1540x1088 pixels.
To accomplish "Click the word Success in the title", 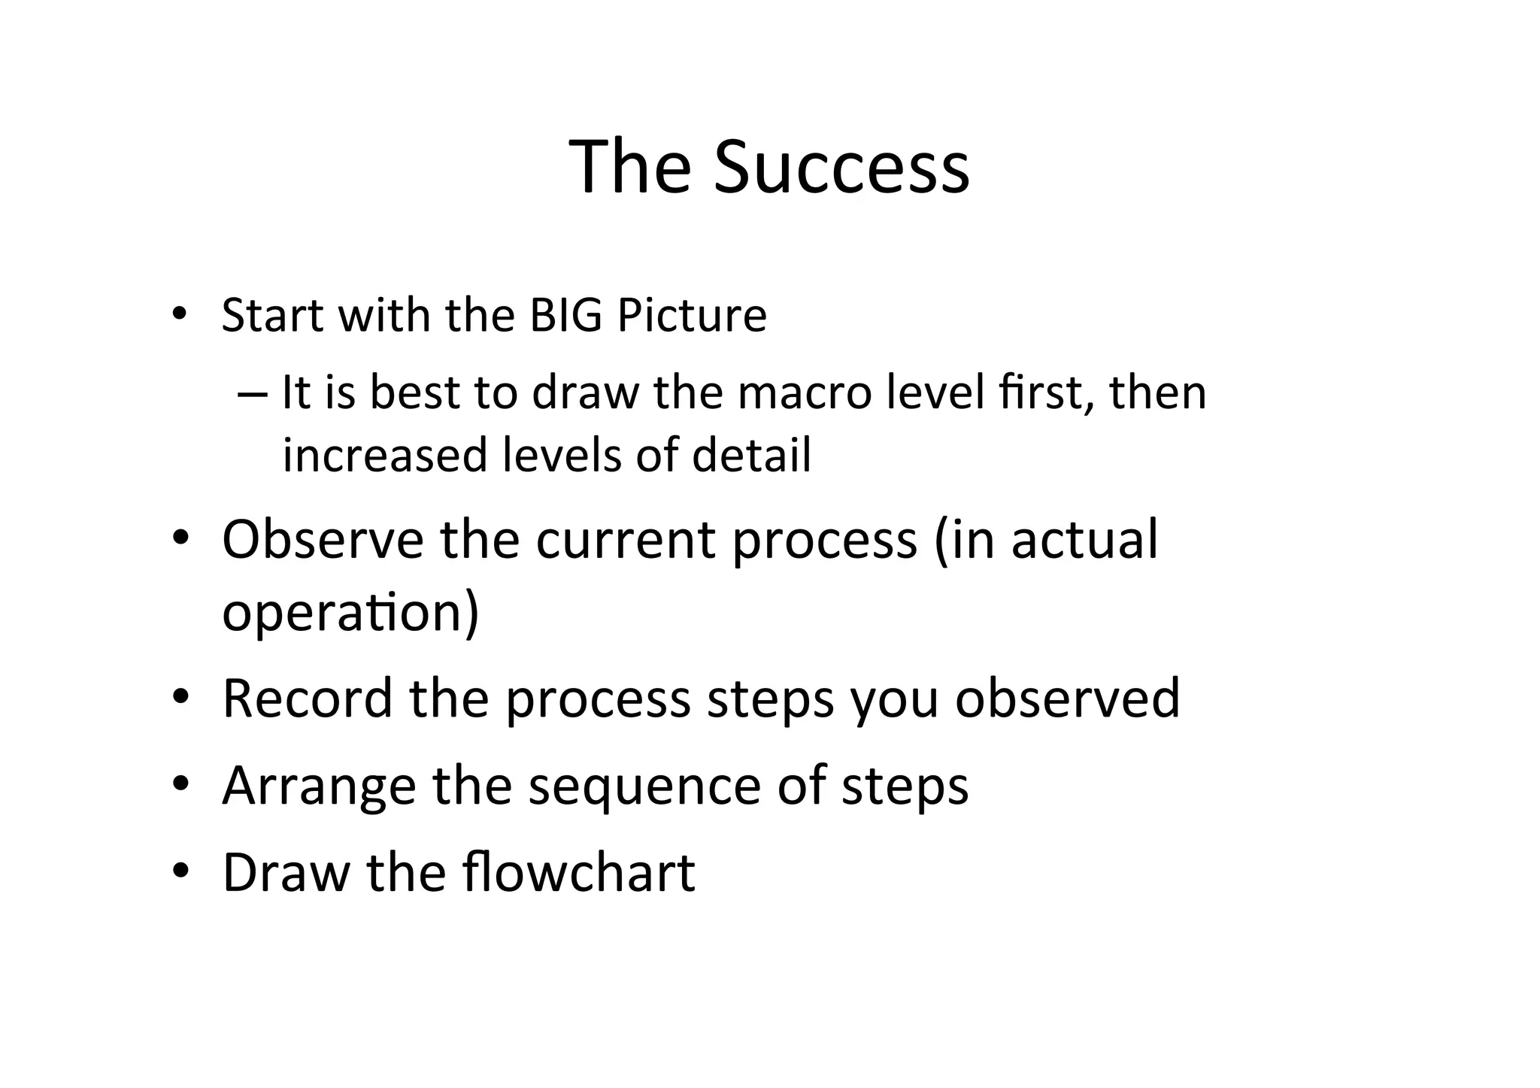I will click(x=841, y=167).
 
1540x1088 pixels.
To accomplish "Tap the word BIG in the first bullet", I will click(x=565, y=315).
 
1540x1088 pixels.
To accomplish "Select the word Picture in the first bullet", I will click(x=692, y=315).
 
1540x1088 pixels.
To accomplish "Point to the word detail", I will click(x=751, y=456).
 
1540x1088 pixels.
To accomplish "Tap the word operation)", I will click(x=350, y=611).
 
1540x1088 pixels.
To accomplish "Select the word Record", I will click(x=308, y=698).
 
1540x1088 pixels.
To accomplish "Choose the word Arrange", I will click(x=319, y=786).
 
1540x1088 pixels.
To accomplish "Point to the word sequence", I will click(x=645, y=786).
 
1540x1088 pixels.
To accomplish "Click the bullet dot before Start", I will click(x=178, y=314).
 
